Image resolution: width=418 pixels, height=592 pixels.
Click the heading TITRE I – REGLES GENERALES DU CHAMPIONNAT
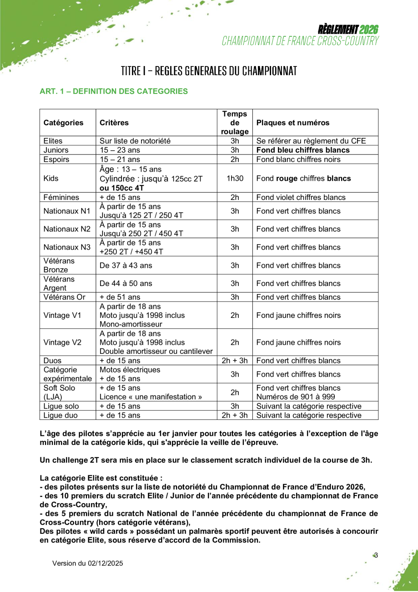(x=209, y=71)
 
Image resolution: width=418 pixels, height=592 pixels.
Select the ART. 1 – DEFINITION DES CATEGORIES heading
(x=114, y=91)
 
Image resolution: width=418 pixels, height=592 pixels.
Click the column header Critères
(x=114, y=122)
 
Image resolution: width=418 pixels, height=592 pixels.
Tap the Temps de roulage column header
(x=235, y=122)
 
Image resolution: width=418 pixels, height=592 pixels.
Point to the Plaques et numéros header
(x=293, y=122)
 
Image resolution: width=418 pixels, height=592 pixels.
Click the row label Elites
(x=53, y=141)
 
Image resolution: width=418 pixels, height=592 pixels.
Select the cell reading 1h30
(x=235, y=178)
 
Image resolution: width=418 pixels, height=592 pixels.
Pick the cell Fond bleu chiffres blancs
(x=303, y=150)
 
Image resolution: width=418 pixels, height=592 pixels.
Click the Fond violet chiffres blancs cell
(x=301, y=197)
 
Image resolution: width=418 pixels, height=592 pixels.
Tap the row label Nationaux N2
(x=67, y=229)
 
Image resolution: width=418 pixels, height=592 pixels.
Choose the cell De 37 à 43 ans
(x=126, y=265)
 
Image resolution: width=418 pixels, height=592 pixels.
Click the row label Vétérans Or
(x=64, y=297)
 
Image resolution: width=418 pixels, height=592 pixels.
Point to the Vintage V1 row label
(x=62, y=315)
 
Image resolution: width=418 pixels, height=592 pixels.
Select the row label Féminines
(x=61, y=197)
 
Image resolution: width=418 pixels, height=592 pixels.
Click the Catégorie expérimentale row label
(x=67, y=374)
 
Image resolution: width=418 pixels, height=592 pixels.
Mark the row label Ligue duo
(x=61, y=415)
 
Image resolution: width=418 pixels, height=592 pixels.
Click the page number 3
(x=376, y=555)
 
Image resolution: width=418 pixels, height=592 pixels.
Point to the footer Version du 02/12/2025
(x=88, y=563)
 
